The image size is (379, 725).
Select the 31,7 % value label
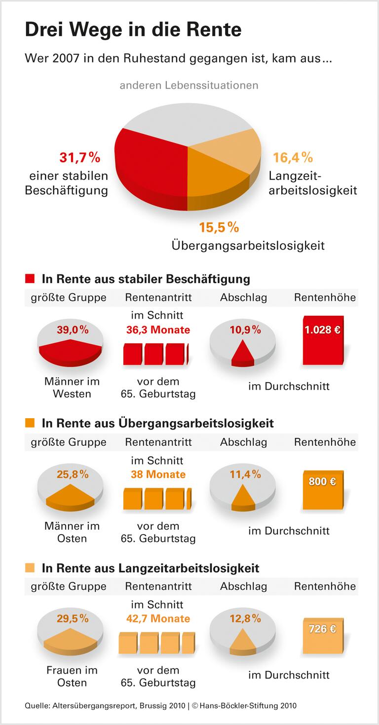point(79,158)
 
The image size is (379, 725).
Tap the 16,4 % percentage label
point(293,158)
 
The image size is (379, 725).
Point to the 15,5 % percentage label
point(219,227)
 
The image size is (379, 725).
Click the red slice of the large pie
point(148,163)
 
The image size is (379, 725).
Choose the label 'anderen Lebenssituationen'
point(189,85)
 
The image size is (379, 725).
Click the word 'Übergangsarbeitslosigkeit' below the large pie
point(248,245)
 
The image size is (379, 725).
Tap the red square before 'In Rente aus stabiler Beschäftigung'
point(30,279)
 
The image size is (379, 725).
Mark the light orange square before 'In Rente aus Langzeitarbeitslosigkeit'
point(30,568)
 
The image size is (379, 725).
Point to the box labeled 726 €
point(322,632)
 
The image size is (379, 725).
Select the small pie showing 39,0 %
point(71,342)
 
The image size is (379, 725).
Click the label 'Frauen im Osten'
point(72,676)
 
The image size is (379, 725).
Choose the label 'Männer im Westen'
point(72,387)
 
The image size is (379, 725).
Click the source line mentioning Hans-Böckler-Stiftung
point(161,706)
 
